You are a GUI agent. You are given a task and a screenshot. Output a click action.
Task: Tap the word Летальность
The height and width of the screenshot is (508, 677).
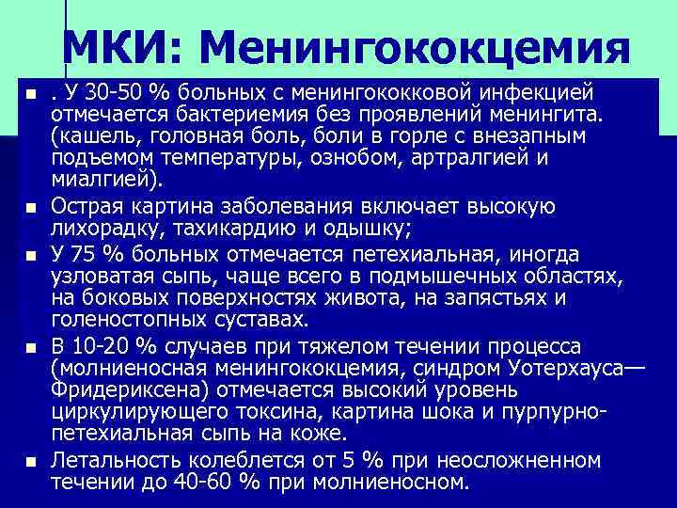(x=116, y=461)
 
